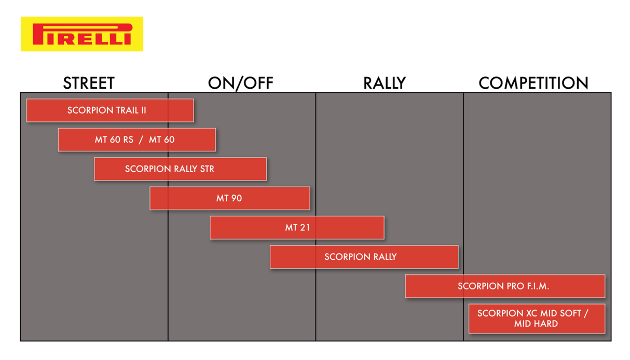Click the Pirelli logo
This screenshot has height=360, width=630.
click(82, 34)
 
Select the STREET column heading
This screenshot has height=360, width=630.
click(89, 83)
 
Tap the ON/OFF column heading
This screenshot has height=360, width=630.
click(240, 84)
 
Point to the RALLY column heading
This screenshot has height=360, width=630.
click(385, 83)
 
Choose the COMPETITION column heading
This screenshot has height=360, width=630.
click(533, 83)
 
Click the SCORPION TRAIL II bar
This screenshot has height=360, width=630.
click(110, 110)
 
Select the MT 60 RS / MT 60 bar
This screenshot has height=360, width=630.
click(137, 140)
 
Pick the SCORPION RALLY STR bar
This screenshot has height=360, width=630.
click(180, 169)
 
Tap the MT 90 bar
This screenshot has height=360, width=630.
click(230, 198)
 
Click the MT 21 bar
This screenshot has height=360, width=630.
click(297, 228)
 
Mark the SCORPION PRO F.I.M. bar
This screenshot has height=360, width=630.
click(505, 286)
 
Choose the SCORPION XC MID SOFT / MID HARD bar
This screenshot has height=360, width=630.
click(537, 319)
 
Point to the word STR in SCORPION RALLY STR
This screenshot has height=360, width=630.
click(207, 169)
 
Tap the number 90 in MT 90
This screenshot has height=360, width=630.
click(236, 198)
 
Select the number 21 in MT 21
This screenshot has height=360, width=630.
click(305, 228)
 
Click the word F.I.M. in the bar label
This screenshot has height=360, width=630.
click(538, 286)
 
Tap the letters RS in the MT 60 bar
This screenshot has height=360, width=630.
click(128, 140)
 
